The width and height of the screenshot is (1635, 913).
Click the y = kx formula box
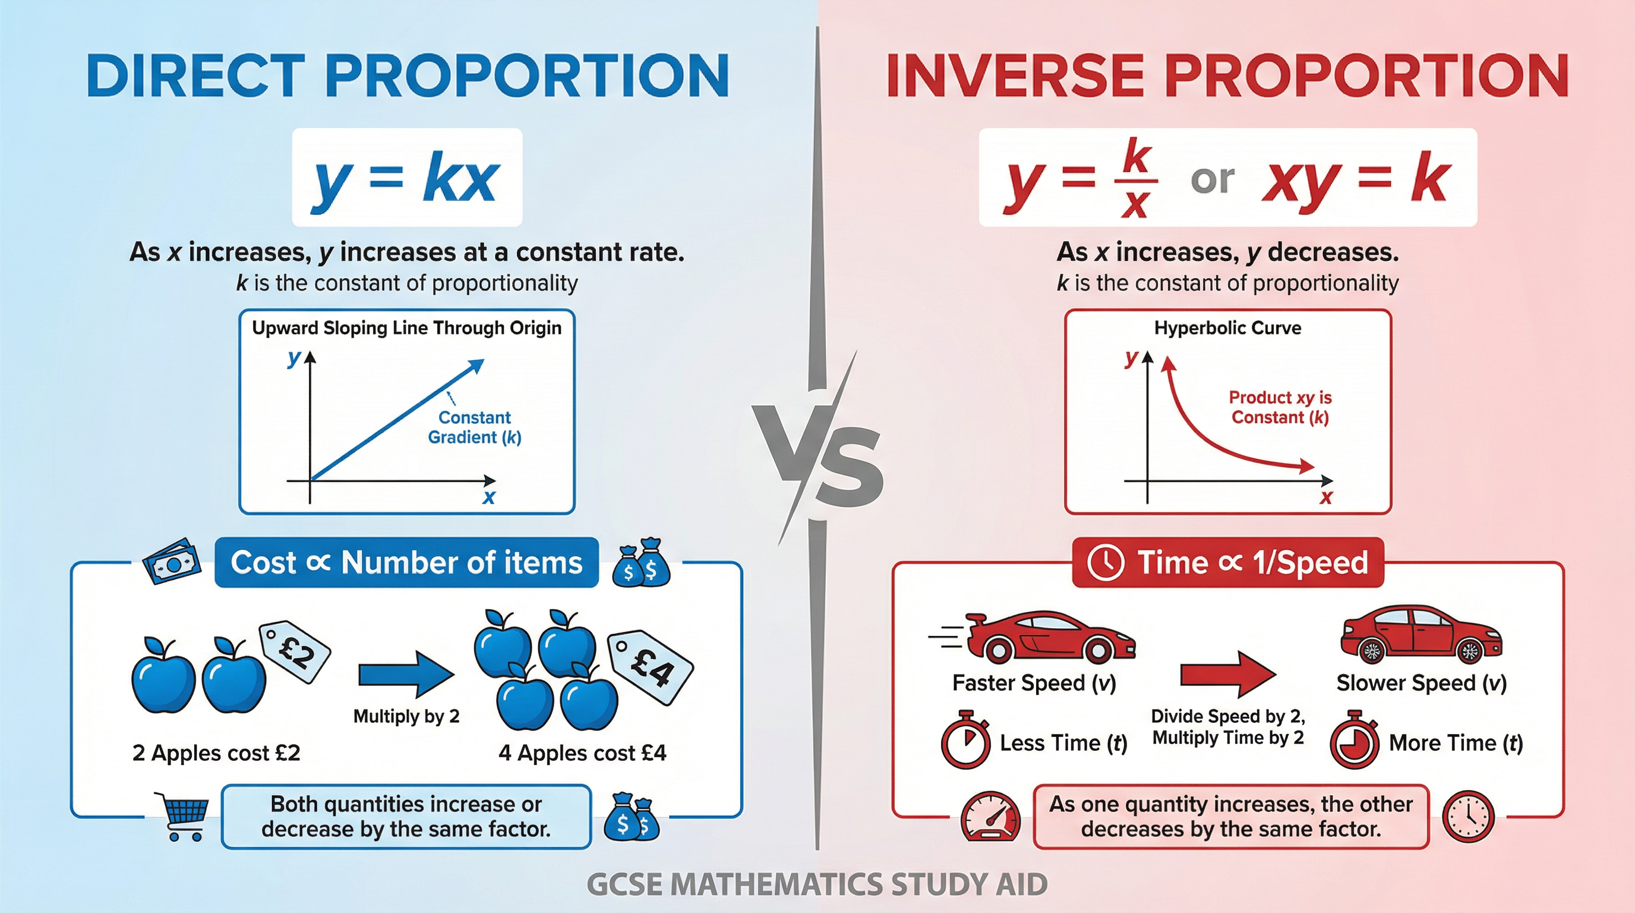click(407, 178)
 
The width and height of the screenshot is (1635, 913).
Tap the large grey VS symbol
click(819, 454)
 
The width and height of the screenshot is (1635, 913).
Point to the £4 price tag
click(651, 667)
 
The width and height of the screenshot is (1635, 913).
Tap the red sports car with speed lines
click(1041, 637)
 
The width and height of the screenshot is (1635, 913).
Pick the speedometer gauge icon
click(990, 818)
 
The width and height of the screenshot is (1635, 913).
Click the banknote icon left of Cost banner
click(171, 562)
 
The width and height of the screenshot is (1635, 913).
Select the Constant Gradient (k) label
click(475, 427)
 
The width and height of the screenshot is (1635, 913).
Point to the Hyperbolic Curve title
click(1227, 328)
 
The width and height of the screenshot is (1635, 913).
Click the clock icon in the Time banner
click(1106, 562)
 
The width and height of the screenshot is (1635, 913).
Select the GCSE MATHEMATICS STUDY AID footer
click(817, 884)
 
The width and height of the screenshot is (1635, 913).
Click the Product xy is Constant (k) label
click(1280, 408)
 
